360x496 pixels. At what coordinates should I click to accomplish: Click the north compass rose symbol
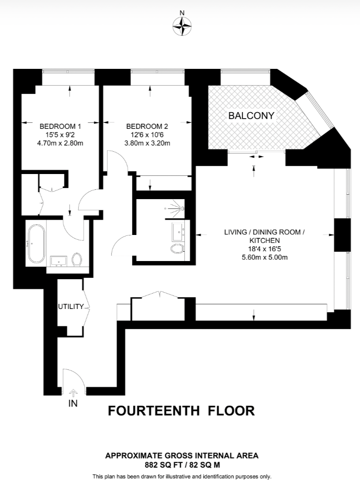pyautogui.click(x=182, y=26)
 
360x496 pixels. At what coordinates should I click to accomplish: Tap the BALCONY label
pyautogui.click(x=251, y=116)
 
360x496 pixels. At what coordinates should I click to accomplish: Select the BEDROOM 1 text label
pyautogui.click(x=60, y=126)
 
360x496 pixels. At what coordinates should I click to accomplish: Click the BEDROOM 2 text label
pyautogui.click(x=147, y=126)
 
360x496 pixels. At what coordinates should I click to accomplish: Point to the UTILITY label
pyautogui.click(x=71, y=307)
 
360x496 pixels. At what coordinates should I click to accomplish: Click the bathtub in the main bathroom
pyautogui.click(x=36, y=243)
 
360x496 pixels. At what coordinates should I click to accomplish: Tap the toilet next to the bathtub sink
pyautogui.click(x=77, y=260)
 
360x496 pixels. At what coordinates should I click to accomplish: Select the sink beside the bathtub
pyautogui.click(x=59, y=261)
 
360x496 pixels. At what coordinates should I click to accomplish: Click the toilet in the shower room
pyautogui.click(x=176, y=249)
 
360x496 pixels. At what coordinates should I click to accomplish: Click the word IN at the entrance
pyautogui.click(x=73, y=403)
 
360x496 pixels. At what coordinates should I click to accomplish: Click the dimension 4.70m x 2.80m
pyautogui.click(x=60, y=143)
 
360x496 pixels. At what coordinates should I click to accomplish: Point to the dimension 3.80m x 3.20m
pyautogui.click(x=147, y=143)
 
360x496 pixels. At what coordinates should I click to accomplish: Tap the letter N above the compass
pyautogui.click(x=182, y=13)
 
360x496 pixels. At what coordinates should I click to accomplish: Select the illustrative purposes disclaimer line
pyautogui.click(x=181, y=476)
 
